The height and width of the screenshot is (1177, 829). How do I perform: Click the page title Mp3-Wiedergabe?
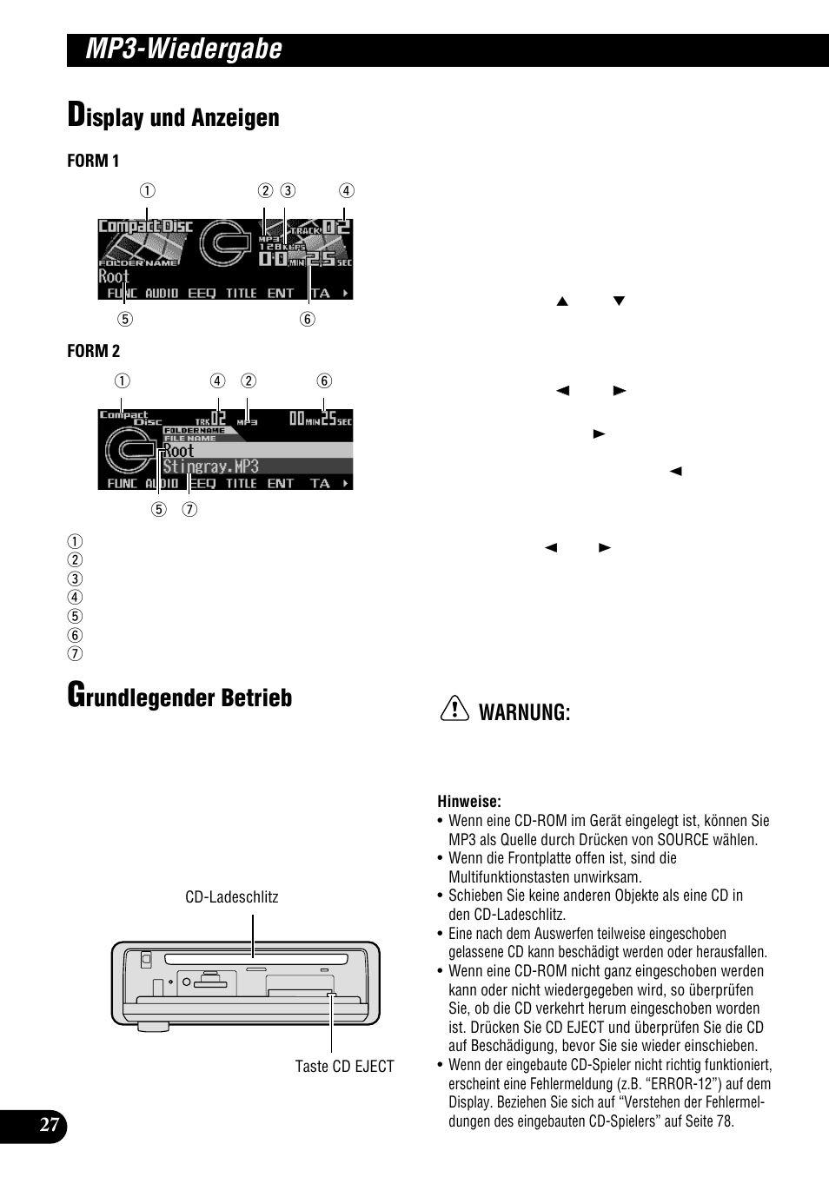click(x=184, y=50)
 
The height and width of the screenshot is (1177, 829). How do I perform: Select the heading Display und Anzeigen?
click(x=174, y=117)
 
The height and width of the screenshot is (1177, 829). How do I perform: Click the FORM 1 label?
click(x=93, y=161)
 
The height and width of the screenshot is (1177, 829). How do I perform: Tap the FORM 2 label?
click(x=93, y=351)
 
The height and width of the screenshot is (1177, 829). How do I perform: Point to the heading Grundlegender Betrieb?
click(x=180, y=698)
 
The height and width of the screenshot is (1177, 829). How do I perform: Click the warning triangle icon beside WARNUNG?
click(x=454, y=711)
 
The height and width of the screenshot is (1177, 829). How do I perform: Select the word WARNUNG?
click(x=524, y=713)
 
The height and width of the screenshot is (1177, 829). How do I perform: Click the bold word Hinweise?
click(x=469, y=802)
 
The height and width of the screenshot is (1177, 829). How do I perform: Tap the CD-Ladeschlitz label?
click(x=232, y=897)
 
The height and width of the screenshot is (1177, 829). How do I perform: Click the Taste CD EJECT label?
click(x=344, y=1067)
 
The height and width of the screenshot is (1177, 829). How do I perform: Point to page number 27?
click(x=50, y=1126)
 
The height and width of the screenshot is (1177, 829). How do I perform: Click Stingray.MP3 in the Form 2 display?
click(x=211, y=466)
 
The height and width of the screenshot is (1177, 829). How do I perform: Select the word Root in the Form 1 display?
click(x=114, y=276)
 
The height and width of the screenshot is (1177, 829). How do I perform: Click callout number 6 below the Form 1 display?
click(x=308, y=319)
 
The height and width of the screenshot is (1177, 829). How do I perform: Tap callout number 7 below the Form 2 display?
click(x=189, y=509)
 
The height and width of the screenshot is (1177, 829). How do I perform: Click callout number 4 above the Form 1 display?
click(x=346, y=191)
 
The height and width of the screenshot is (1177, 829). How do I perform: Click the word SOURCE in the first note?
click(x=683, y=840)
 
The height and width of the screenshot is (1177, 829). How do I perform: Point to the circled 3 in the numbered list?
click(x=76, y=579)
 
